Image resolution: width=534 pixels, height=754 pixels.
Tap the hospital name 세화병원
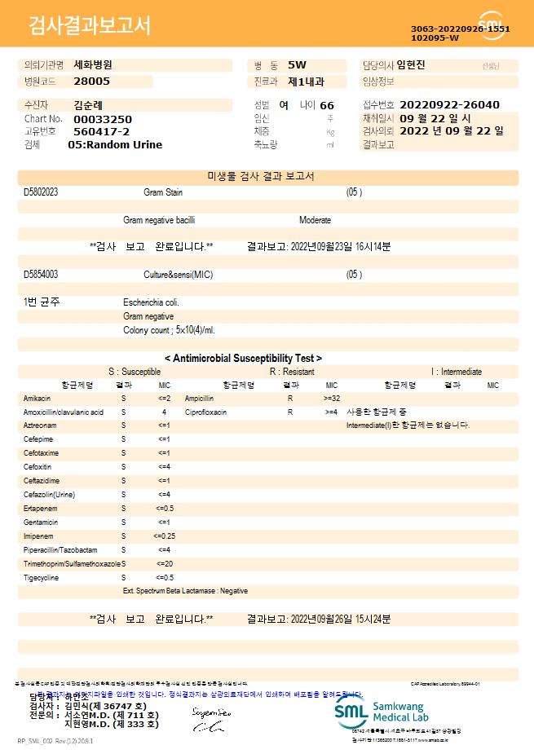tap(93, 64)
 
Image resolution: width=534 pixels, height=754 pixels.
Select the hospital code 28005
tap(91, 82)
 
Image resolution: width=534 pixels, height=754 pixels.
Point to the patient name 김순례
tap(89, 105)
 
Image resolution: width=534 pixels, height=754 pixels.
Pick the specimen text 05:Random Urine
tap(115, 145)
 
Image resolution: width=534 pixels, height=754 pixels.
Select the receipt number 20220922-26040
tap(449, 105)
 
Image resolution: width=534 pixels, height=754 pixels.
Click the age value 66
tap(327, 106)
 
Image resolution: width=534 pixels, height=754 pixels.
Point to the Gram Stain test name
tap(163, 192)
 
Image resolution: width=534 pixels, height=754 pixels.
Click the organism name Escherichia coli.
tap(151, 302)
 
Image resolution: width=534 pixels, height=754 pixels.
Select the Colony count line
tap(169, 330)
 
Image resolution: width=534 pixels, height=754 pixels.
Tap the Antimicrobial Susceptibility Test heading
tap(243, 358)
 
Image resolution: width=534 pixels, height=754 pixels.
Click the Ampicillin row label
tap(200, 399)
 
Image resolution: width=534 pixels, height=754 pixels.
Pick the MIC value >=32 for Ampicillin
tap(332, 399)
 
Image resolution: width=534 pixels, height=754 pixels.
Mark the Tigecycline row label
tap(40, 577)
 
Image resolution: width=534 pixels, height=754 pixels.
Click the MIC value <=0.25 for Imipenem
tap(164, 536)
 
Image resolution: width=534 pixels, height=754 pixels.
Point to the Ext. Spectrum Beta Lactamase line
tap(185, 591)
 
